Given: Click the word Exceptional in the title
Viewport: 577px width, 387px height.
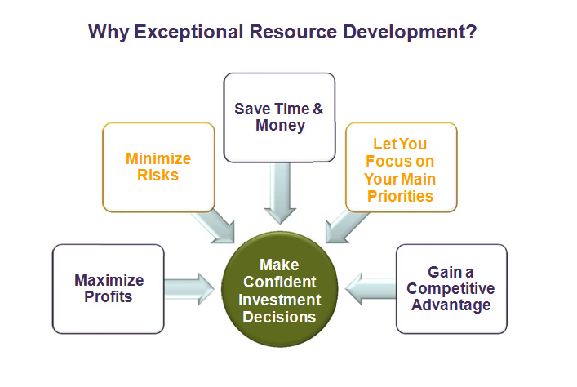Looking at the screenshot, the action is point(189,32).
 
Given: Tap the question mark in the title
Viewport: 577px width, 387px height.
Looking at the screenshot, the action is point(472,31).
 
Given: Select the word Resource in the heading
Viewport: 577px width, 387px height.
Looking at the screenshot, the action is point(293,32).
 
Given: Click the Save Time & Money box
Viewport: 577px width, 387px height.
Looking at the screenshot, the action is point(279,118).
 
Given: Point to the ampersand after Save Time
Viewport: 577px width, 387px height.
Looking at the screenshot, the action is point(318,109).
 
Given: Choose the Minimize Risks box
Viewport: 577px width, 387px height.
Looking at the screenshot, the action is point(158,167).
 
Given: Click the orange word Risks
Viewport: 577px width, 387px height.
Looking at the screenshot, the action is point(158,175).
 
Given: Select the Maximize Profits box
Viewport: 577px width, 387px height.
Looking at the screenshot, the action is point(109,289).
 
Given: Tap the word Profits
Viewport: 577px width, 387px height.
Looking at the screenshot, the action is point(109,297).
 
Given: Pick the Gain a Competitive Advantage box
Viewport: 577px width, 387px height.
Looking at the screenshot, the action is point(451,289).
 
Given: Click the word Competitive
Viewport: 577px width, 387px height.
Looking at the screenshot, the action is point(451,288).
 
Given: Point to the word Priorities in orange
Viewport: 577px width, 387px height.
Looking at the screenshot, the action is point(400,196).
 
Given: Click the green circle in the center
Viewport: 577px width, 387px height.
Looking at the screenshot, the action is point(280,289).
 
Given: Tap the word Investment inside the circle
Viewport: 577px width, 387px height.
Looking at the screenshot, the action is point(280,300).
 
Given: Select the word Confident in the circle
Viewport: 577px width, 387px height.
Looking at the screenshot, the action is point(280,282).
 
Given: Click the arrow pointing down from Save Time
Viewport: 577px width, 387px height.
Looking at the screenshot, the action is point(280,193).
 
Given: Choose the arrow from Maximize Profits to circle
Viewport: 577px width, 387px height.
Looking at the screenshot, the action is point(189,289).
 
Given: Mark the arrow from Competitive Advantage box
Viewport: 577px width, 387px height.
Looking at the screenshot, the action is point(371,289).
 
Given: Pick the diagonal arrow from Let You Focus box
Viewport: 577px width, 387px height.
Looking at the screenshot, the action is point(345,225).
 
